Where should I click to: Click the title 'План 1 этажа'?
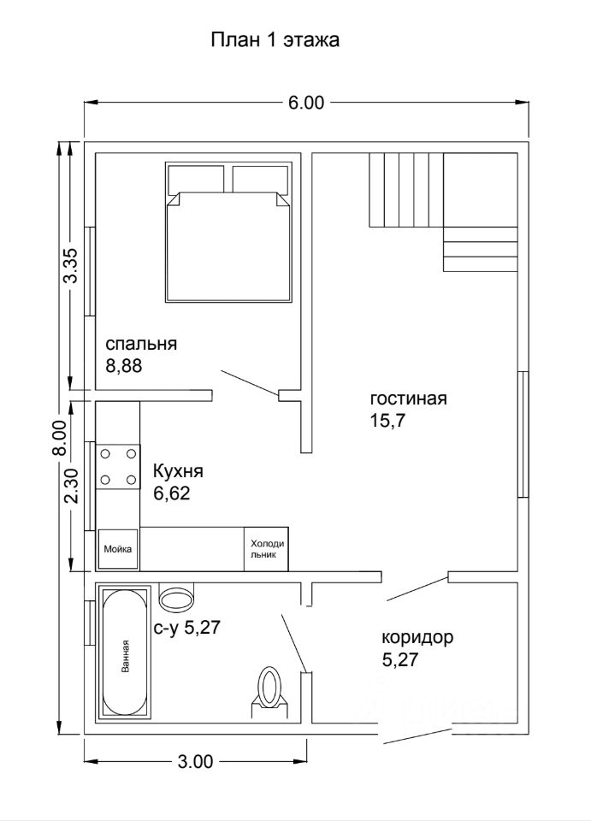point(275,40)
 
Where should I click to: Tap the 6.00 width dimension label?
point(306,103)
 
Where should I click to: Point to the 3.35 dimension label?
point(71,265)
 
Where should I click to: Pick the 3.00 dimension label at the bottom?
point(195,761)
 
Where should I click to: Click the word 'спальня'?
point(141,345)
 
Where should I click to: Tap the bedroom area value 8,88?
point(124,365)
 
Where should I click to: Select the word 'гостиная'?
point(408,399)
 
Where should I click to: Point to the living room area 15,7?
point(388,421)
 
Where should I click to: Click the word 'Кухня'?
point(177,472)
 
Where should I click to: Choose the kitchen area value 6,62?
point(171,493)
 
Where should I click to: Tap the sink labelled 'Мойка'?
point(118,549)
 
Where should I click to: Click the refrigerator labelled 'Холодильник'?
point(267,549)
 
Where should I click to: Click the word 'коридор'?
point(417,638)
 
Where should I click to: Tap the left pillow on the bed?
point(196,180)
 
